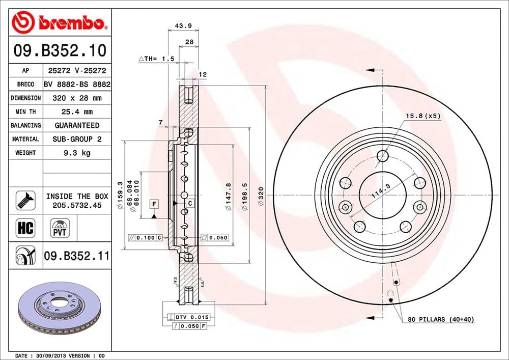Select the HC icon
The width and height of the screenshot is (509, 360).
click(x=25, y=228)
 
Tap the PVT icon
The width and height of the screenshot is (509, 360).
click(x=59, y=228)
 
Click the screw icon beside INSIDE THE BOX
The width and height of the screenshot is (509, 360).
click(x=25, y=200)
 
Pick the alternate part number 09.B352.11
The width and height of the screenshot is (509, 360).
click(x=76, y=255)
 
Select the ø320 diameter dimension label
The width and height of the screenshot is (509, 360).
click(x=261, y=197)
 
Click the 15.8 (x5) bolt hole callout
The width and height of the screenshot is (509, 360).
click(x=422, y=116)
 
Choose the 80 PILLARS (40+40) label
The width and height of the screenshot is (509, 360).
click(x=440, y=320)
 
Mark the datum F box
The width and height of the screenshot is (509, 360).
click(x=153, y=204)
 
